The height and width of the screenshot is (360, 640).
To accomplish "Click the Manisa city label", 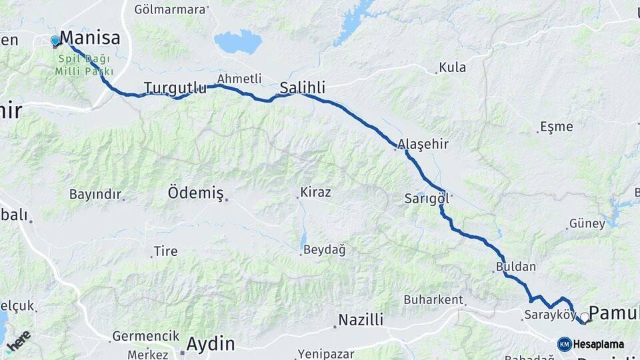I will [90, 37].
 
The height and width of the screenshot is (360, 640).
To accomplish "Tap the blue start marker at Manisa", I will [55, 41].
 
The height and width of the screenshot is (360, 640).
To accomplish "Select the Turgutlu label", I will [175, 87].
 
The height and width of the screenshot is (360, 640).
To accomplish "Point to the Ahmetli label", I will [239, 79].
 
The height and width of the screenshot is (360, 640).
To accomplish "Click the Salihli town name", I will [302, 87].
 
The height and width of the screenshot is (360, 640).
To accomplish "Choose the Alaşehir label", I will [423, 144].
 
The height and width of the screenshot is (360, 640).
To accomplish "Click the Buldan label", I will [516, 267].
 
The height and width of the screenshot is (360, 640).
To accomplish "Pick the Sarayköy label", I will [549, 315].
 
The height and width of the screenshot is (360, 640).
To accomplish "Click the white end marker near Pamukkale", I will [585, 317].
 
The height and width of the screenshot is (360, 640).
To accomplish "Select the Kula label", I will [453, 67].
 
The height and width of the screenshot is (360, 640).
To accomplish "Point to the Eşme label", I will [557, 127].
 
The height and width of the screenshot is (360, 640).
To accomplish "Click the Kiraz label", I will [315, 192].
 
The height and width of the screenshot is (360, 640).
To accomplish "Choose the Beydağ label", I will [325, 250].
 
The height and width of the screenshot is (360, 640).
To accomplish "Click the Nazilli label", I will [361, 320].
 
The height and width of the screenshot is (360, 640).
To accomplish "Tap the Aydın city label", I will [210, 344].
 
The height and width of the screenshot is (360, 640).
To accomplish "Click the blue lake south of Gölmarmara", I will [238, 41].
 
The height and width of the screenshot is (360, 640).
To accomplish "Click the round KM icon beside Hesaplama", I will [565, 344].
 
